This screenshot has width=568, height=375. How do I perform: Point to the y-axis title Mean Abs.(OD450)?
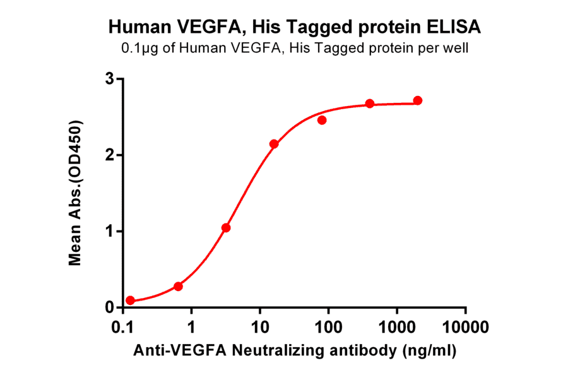click(76, 192)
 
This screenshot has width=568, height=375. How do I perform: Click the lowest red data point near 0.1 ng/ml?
click(130, 301)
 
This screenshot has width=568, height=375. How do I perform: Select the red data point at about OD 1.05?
click(226, 228)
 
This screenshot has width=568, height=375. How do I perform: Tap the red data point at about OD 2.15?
click(274, 144)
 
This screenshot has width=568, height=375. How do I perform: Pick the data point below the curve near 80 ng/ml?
click(322, 120)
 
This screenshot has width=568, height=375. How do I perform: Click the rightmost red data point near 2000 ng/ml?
click(418, 100)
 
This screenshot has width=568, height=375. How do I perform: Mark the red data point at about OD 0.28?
click(178, 287)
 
